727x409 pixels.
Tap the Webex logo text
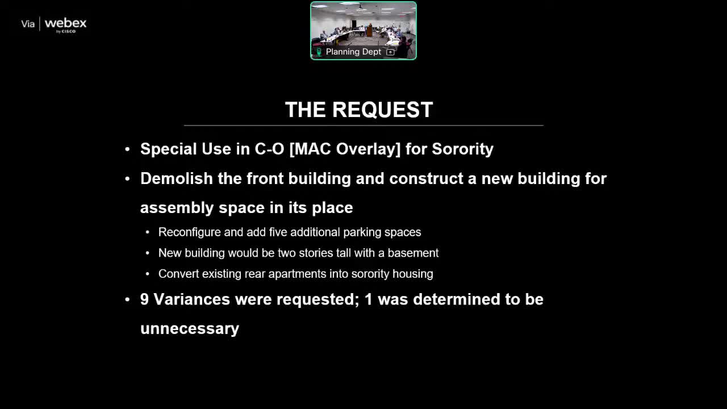coord(65,23)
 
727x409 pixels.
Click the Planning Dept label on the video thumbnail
coord(353,52)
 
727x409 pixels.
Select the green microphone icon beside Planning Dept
coord(319,52)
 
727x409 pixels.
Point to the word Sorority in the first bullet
coord(462,149)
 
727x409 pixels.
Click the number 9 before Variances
coord(144,299)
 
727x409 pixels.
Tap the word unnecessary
coord(190,329)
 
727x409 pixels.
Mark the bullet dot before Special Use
coord(127,149)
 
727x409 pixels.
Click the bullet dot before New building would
coord(148,253)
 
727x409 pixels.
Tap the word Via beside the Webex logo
coord(28,24)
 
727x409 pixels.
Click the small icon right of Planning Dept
coord(390,52)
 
